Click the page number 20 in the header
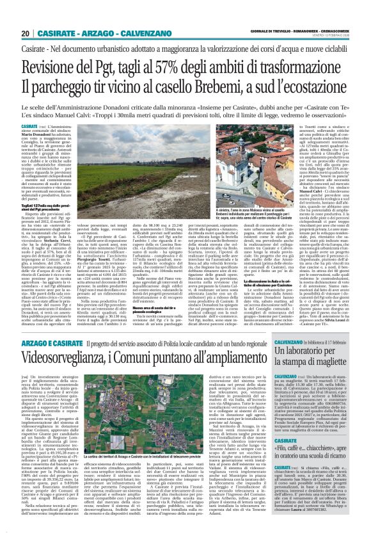click(x=25, y=34)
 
